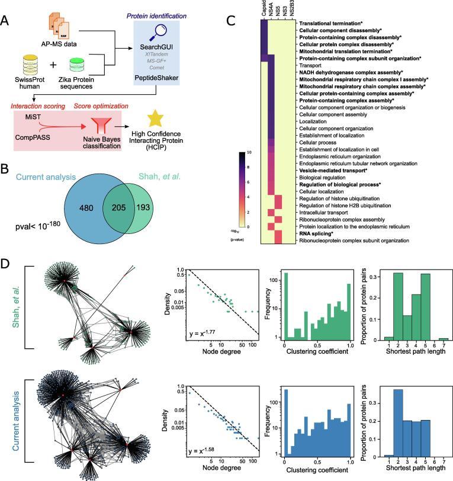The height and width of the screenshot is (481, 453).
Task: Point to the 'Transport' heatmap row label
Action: click(312, 65)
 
